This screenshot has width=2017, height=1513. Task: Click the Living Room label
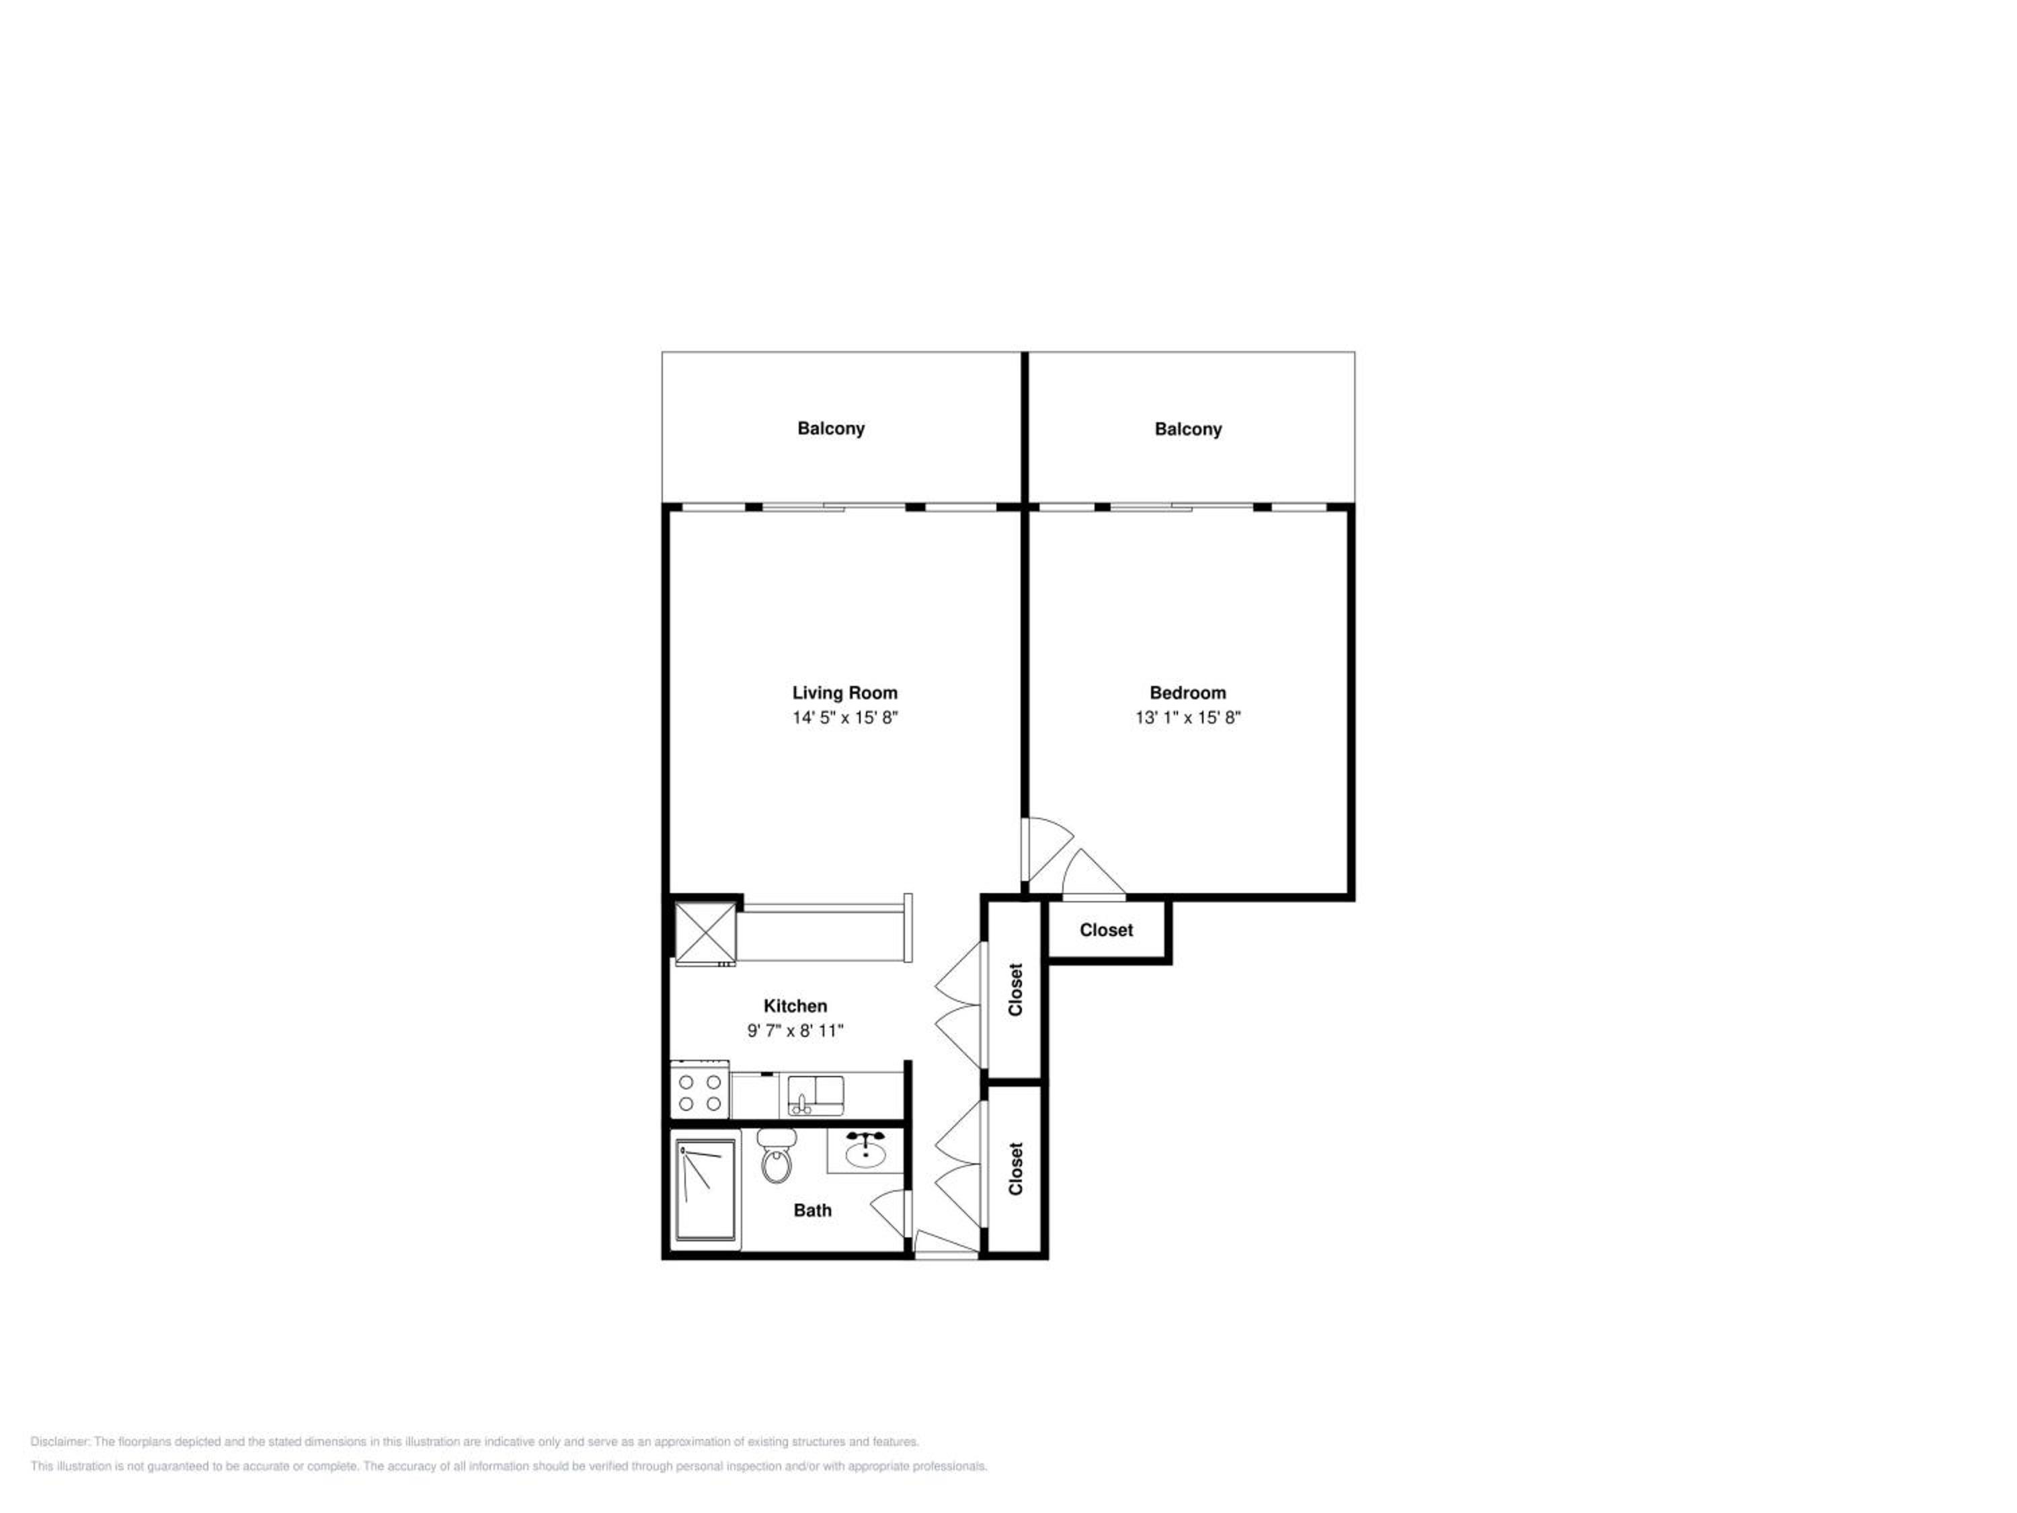click(844, 693)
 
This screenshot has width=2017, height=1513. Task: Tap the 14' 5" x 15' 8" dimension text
click(844, 717)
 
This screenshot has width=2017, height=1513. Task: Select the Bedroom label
click(1187, 693)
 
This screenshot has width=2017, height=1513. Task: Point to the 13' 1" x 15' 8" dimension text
click(1187, 717)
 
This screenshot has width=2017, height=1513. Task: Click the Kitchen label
click(795, 1006)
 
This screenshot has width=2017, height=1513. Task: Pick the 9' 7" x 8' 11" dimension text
click(795, 1031)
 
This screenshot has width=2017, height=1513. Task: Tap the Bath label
click(812, 1210)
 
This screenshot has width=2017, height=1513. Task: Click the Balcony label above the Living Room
click(831, 428)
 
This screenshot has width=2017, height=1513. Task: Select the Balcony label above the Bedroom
click(1188, 430)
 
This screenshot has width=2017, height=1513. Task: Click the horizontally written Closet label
click(1106, 930)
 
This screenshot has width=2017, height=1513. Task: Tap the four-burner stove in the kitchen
click(699, 1089)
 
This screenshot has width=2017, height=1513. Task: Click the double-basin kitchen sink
click(815, 1094)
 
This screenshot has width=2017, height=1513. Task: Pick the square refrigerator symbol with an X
click(705, 932)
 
